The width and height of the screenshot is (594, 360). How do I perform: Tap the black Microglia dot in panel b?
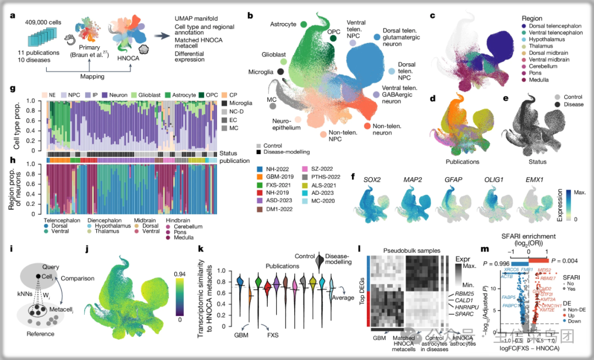click(281, 72)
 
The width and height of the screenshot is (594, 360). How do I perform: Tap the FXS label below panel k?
click(272, 334)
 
